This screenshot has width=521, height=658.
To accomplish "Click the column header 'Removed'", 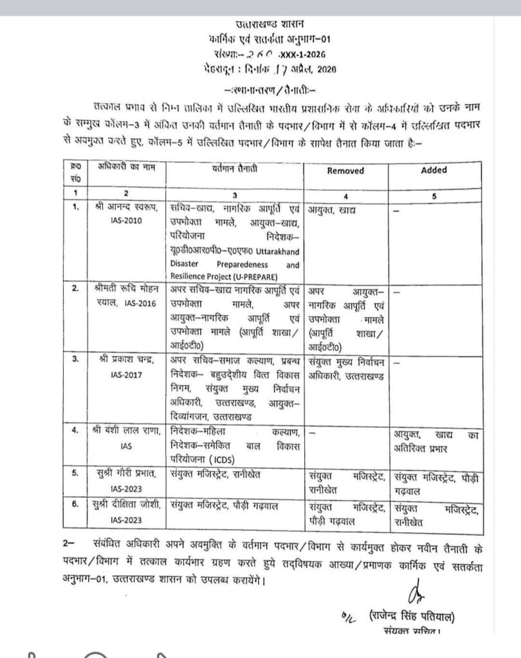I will pos(345,171).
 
